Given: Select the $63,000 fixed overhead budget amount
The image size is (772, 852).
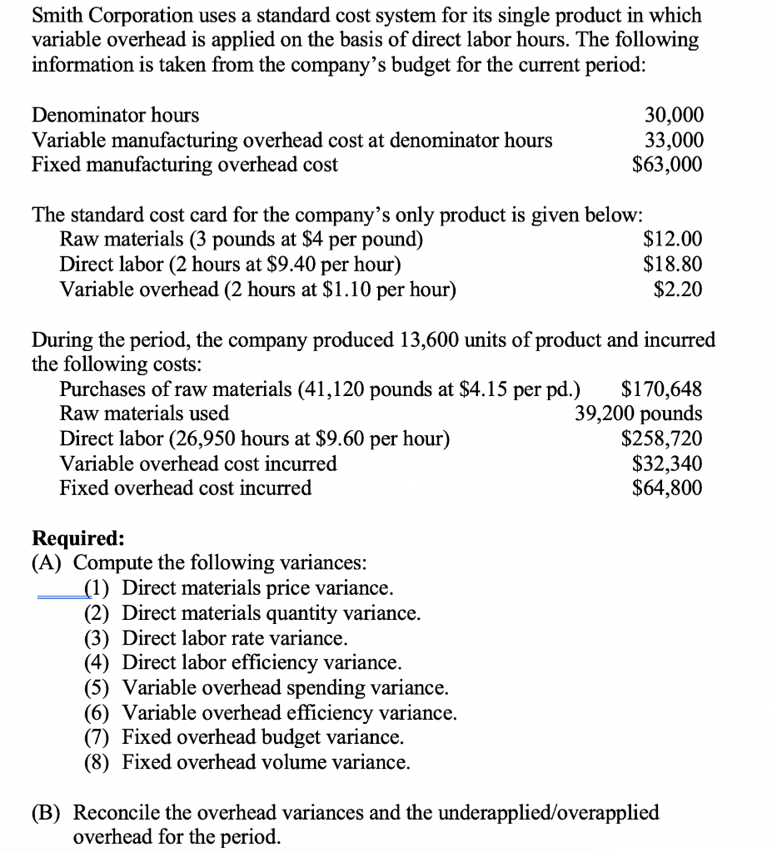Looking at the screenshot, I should coord(667,164).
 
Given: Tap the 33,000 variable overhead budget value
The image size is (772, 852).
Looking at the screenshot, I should coord(674,140).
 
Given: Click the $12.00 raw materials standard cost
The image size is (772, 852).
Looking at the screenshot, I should coord(673,240).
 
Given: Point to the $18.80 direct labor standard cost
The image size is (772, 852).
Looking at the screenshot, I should coord(673,265).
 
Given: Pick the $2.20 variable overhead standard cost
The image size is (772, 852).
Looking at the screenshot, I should coord(678,290).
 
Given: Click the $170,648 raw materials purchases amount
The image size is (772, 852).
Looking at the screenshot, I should coord(661,389).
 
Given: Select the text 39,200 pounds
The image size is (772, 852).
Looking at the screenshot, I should coord(638,414).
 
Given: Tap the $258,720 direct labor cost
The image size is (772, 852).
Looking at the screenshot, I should coord(661,438).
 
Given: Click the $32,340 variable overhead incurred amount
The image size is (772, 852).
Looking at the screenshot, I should coord(667,463).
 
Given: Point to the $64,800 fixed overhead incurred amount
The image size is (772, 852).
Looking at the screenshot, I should coord(667,488).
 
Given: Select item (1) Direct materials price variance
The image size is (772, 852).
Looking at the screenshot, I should coord(238,588).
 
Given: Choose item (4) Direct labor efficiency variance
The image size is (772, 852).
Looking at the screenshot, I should coord(243,663).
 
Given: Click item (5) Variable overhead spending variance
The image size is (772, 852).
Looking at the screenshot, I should coord(266,688).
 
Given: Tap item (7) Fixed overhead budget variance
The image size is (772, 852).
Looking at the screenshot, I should coord(245,737).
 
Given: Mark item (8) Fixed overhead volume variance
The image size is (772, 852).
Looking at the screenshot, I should coord(247,762).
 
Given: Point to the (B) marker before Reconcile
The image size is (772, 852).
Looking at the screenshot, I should coord(48,812).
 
